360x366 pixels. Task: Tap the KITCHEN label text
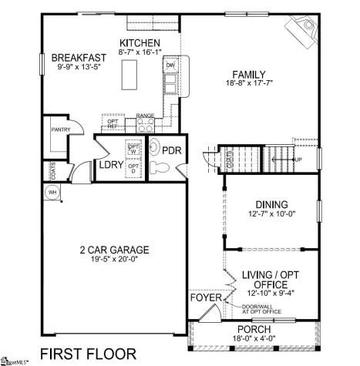[x=140, y=43]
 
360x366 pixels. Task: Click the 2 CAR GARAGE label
[x=114, y=250]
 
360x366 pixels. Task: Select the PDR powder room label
[x=171, y=150]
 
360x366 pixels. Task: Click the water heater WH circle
[x=53, y=192]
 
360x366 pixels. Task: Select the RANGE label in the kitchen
[x=145, y=116]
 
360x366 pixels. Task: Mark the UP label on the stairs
[x=298, y=159]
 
